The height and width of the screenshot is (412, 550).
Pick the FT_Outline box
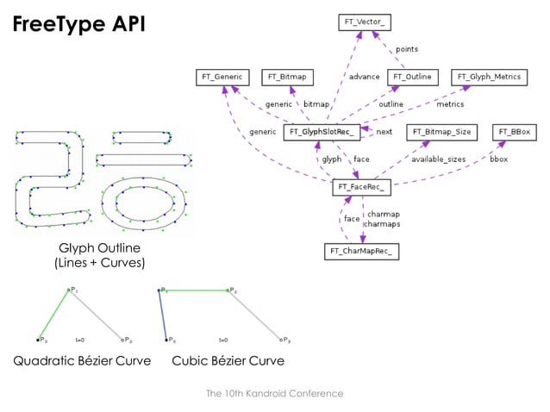[413, 77]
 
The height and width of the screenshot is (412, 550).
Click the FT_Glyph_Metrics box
[488, 77]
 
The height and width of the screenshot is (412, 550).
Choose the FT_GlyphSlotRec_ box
[320, 132]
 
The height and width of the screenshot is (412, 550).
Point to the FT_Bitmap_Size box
[441, 132]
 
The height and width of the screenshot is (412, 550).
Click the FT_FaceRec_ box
[362, 187]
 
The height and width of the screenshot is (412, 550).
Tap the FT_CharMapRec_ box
[362, 252]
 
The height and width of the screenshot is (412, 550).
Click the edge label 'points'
[407, 50]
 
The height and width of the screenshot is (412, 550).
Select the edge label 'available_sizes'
[438, 159]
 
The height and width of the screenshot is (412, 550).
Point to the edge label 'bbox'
[499, 159]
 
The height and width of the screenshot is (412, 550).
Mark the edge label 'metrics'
[449, 104]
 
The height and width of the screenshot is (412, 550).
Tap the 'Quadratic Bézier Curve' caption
[82, 360]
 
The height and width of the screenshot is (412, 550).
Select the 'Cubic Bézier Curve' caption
[228, 360]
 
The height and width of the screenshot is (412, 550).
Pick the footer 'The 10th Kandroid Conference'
[274, 393]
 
